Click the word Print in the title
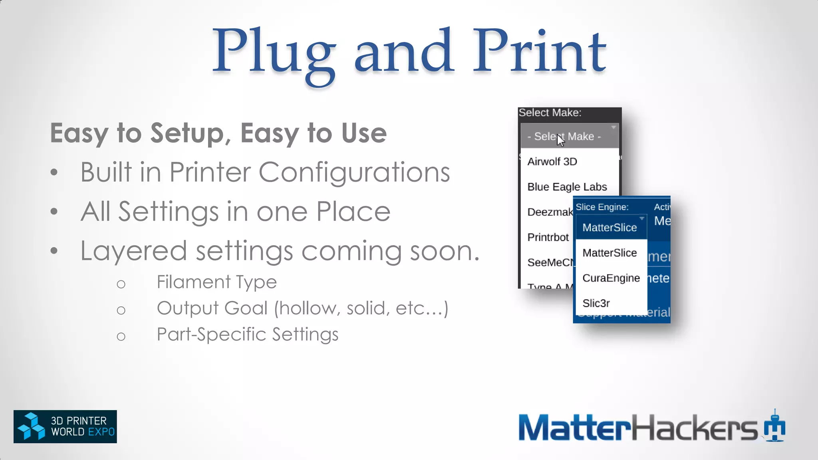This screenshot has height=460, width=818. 539,52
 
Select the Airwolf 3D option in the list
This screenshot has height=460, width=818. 552,162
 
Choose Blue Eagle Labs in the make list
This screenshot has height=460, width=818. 567,187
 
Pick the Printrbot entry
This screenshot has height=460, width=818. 548,237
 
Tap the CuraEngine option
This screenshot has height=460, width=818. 611,278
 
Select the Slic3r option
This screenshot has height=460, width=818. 596,303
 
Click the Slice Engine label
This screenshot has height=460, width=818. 602,207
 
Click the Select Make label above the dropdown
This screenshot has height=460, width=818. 550,113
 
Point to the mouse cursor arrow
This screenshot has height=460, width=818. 560,140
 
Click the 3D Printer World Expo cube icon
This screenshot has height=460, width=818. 31,426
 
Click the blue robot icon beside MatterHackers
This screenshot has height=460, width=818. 775,426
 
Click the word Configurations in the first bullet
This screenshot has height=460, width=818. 354,172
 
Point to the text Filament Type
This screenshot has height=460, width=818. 216,282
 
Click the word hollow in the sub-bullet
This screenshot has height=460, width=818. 308,308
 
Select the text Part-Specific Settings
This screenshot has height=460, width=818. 247,335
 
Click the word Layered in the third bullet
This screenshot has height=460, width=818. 133,251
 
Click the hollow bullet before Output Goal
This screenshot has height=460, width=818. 121,310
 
